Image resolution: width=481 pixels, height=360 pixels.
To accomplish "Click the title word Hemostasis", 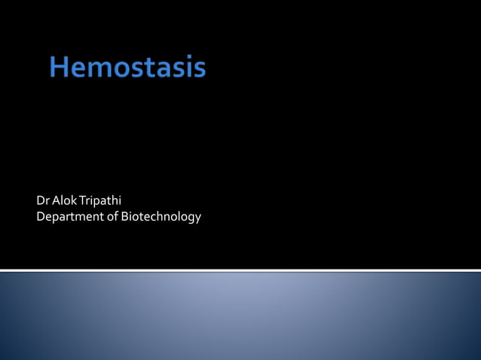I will (127, 69).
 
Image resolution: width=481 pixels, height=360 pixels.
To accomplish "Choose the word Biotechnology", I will (161, 218).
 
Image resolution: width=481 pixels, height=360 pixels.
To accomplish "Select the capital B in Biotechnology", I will (124, 217).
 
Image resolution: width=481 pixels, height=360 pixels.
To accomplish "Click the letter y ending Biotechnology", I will (198, 219).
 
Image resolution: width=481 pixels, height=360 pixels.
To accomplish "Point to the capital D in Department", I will (41, 217).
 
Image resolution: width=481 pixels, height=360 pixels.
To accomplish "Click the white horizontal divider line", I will (240, 270).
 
